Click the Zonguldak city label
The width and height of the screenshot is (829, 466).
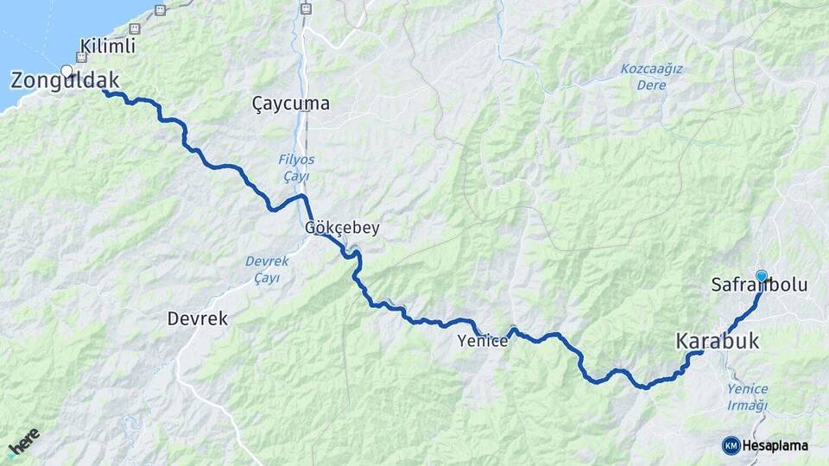[x=64, y=82]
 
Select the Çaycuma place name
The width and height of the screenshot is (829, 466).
[x=291, y=104]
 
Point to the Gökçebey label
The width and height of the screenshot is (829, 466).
[x=342, y=229]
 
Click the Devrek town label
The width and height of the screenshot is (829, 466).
[x=197, y=318]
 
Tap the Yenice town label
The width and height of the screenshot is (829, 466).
[x=483, y=342]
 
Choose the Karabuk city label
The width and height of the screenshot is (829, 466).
[x=718, y=342]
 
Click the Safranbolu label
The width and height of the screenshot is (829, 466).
[x=759, y=284]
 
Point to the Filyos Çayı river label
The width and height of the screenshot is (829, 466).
[x=296, y=167]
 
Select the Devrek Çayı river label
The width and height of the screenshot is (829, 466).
[x=268, y=268]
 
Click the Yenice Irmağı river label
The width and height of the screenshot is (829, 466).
[x=747, y=397]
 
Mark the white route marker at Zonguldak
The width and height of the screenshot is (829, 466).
[x=66, y=71]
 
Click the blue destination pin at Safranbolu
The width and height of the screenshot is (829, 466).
[x=762, y=275]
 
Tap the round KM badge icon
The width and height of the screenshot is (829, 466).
[x=731, y=445]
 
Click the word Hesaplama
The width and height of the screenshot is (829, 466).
[x=775, y=445]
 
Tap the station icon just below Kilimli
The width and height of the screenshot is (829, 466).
[x=82, y=58]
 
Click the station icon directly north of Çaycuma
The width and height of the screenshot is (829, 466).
[x=305, y=9]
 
